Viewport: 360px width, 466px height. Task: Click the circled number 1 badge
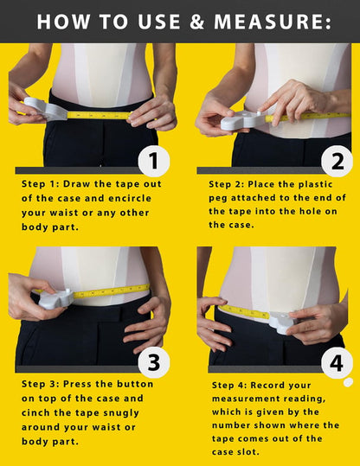153,160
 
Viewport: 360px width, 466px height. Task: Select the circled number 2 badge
336,160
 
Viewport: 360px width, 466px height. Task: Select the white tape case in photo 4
282,322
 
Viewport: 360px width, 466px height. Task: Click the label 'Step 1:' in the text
41,184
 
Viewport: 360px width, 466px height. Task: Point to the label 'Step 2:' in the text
228,184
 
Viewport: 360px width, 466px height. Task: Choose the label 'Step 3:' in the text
41,384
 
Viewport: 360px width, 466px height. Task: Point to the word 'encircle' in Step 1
129,198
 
